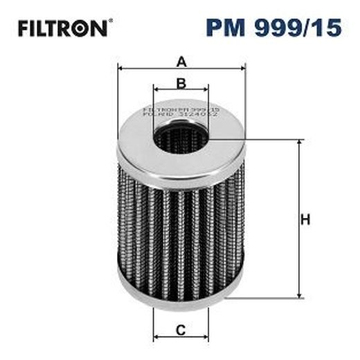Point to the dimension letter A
click(181, 62)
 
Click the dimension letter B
click(181, 84)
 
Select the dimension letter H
click(305, 220)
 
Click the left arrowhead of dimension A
click(121, 67)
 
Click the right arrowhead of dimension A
click(242, 67)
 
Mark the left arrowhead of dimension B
click(156, 90)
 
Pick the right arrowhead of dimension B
click(206, 90)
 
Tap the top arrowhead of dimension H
click(299, 143)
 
